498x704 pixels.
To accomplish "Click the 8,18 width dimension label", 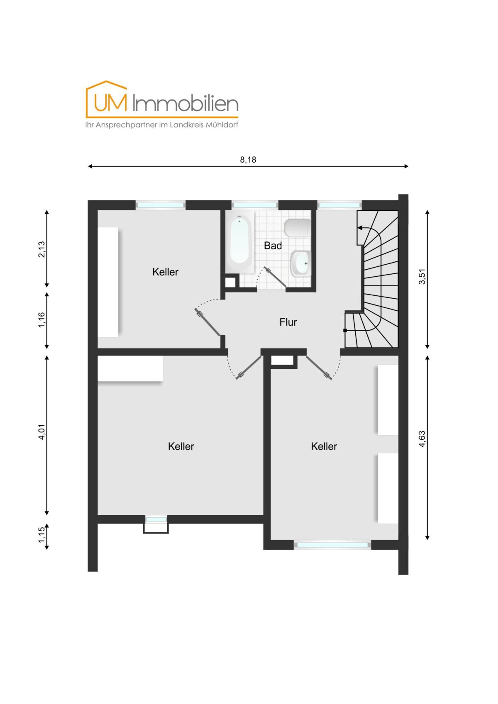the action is (248, 160).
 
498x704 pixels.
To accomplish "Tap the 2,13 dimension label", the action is (42, 249).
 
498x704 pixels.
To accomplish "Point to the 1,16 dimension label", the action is (42, 320).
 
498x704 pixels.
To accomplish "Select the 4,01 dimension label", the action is (42, 432).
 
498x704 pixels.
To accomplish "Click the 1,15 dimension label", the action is (42, 535).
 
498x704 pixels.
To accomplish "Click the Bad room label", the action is (273, 246).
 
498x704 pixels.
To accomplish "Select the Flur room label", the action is (288, 322).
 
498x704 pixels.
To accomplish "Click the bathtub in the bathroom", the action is (240, 242).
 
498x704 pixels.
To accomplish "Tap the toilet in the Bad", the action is (297, 227).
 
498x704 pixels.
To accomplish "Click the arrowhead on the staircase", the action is (360, 227).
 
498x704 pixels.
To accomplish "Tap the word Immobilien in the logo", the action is (186, 103).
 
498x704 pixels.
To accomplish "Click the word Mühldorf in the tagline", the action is (222, 125).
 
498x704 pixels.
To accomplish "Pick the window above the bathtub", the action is (255, 205).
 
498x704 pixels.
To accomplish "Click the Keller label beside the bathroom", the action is (165, 272).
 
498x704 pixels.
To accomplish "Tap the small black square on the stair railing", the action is (345, 330).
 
